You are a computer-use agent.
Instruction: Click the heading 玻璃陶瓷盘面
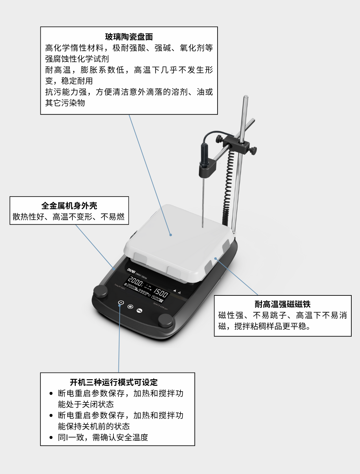pyautogui.click(x=129, y=37)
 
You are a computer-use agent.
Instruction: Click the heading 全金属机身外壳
pyautogui.click(x=69, y=206)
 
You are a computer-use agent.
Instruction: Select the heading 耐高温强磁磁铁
pyautogui.click(x=283, y=304)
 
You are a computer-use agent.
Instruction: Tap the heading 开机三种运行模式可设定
pyautogui.click(x=113, y=382)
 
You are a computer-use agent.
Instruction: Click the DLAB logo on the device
pyautogui.click(x=131, y=270)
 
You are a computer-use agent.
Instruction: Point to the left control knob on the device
pyautogui.click(x=100, y=291)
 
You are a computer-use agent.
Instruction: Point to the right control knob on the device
pyautogui.click(x=165, y=320)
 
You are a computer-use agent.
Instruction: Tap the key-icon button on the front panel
pyautogui.click(x=139, y=311)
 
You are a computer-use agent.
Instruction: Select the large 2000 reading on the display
pyautogui.click(x=136, y=281)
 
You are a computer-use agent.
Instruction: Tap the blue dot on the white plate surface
pyautogui.click(x=171, y=235)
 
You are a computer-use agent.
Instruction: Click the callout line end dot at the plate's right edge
pyautogui.click(x=216, y=258)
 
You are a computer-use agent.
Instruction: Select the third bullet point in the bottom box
pyautogui.click(x=51, y=437)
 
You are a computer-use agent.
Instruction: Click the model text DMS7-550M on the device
pyautogui.click(x=141, y=276)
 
